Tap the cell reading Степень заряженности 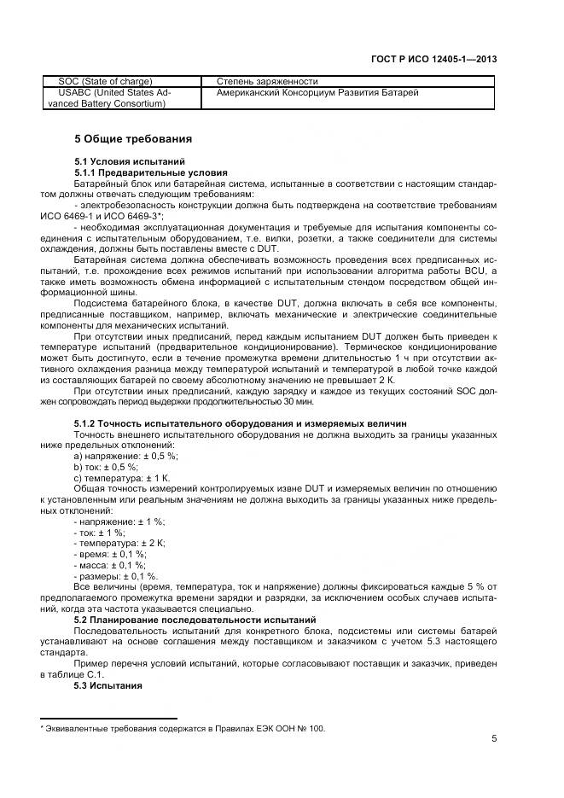[x=267, y=81]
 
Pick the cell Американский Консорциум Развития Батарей [x=317, y=92]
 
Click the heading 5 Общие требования [x=132, y=138]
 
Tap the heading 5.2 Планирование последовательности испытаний [x=195, y=619]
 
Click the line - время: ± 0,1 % [x=110, y=554]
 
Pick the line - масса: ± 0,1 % [x=110, y=565]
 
